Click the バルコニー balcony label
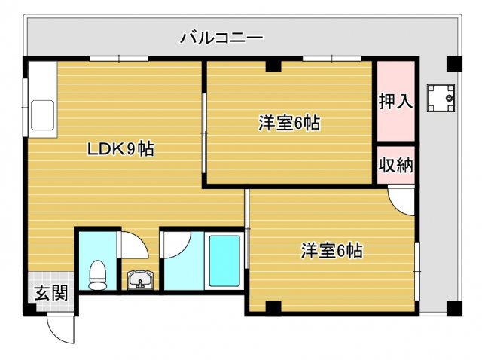221,37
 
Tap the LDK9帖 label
120,149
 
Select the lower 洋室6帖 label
332,250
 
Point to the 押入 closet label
395,102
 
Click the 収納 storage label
395,164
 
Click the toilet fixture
97,274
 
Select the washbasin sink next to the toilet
139,280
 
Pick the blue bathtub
224,261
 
